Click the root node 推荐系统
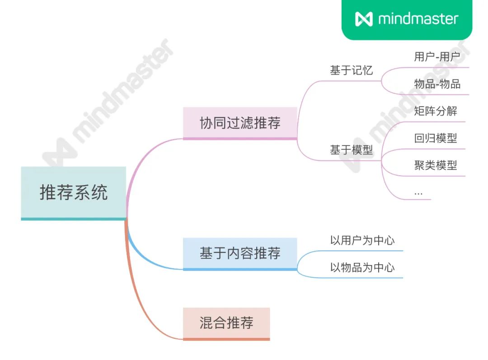pos(73,192)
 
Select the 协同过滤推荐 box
pos(240,123)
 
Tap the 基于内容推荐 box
pos(240,253)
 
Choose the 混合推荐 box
pos(226,323)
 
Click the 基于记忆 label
pos(352,71)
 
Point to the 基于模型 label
pos(352,150)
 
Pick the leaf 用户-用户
pos(437,57)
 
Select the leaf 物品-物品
pos(437,84)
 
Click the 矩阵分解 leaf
pos(436,111)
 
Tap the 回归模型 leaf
pos(436,138)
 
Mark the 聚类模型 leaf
pos(436,165)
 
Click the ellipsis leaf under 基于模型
pos(418,193)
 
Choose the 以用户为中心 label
pos(362,240)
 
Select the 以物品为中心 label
pos(362,267)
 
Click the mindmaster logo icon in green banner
pos(364,19)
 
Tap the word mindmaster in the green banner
pos(418,19)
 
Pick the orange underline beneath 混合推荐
pos(226,339)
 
